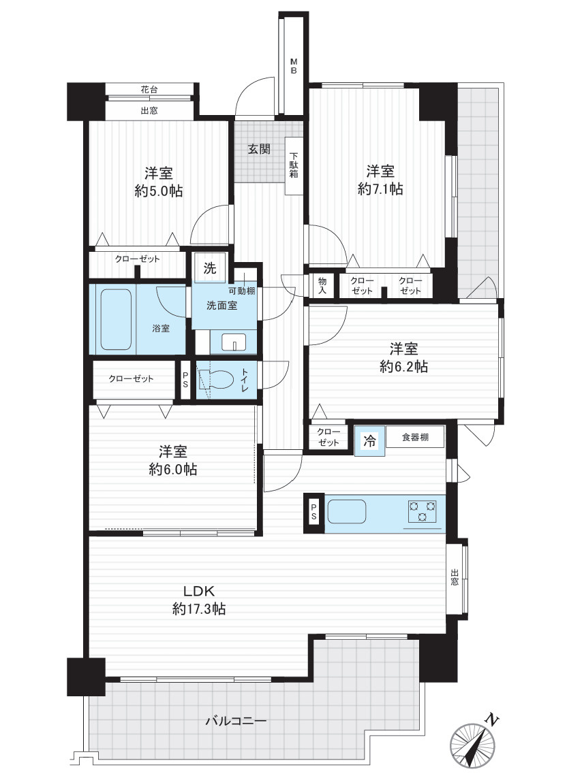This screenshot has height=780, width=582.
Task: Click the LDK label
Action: tap(199, 591)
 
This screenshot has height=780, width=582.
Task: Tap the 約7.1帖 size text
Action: tap(380, 189)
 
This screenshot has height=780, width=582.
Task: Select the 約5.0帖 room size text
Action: tap(159, 191)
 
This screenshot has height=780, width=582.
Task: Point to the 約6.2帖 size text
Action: tap(403, 367)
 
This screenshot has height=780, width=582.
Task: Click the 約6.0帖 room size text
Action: tap(173, 469)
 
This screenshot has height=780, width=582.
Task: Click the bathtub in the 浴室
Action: tap(116, 319)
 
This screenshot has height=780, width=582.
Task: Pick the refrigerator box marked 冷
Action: tap(369, 441)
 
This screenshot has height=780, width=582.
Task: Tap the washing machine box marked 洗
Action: tap(211, 267)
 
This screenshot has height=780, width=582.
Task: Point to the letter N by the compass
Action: tap(492, 719)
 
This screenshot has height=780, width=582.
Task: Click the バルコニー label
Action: tap(236, 720)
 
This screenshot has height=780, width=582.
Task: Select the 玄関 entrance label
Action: tap(259, 149)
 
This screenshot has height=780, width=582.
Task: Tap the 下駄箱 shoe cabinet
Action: tap(294, 166)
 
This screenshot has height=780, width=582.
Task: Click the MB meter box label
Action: tap(294, 66)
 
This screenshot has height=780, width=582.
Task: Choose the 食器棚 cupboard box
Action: tap(414, 437)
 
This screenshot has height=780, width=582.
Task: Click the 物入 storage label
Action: tap(322, 286)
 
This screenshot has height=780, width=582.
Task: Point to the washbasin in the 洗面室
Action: tap(234, 343)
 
